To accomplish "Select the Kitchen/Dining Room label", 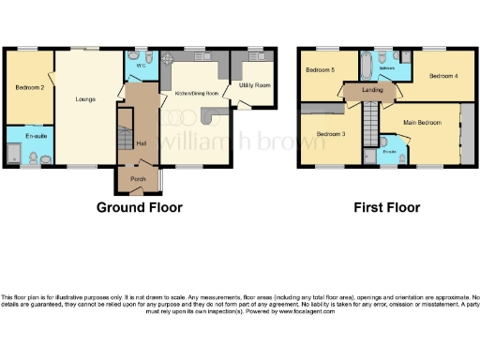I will coord(197,94).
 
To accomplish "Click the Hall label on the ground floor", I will coord(141,143).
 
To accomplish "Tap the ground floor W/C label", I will coord(139,66).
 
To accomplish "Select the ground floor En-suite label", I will coord(36,137).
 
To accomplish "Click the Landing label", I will coord(372,90).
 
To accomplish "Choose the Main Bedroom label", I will coord(422,122).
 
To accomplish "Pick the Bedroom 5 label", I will coord(320,69).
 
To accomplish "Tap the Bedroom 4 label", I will coord(443,75).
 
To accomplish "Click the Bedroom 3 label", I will coord(330,134).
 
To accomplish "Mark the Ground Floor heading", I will coord(139,207).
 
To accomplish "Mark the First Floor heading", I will coord(386,207).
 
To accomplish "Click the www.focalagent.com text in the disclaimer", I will coord(306,310).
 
